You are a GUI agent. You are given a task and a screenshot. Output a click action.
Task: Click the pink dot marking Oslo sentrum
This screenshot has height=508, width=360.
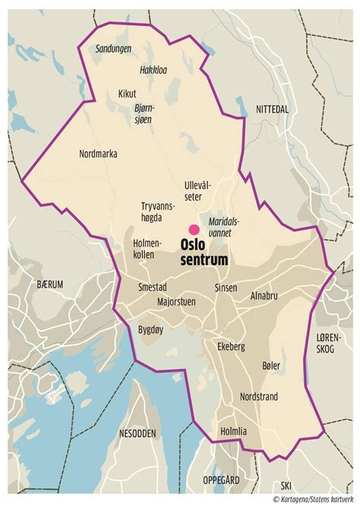pos(194,229)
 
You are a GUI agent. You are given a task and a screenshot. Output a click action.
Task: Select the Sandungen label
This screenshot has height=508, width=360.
pos(113,48)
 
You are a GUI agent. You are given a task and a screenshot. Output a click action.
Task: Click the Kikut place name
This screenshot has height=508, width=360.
pos(127,94)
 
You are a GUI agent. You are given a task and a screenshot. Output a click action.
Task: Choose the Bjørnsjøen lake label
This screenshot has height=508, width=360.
pos(144,113)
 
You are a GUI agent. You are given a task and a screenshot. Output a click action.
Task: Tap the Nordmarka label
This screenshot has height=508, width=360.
pos(98,153)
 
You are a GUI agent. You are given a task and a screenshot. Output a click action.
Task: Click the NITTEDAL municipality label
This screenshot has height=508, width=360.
pos(272,109)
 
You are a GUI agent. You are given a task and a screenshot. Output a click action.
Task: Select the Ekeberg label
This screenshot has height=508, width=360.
pos(231,346)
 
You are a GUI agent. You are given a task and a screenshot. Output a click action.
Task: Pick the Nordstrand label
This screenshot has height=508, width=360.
pos(259,396)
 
